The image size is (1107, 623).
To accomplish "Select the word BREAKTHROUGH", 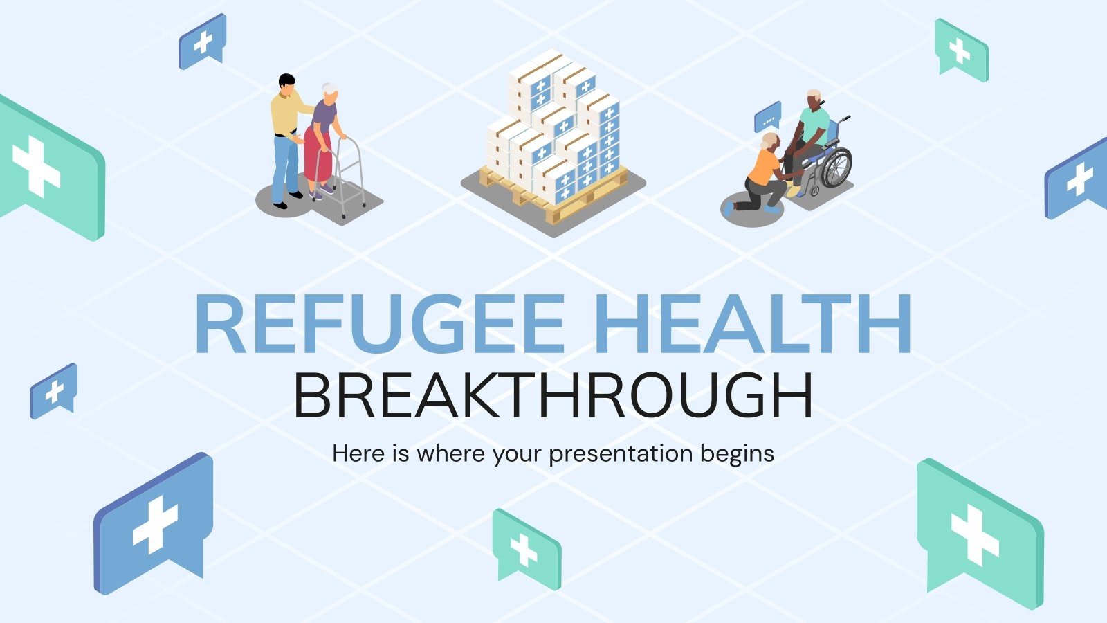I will [x=553, y=396].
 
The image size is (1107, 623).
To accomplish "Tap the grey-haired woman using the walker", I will [x=323, y=138].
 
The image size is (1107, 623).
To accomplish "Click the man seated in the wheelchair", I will [x=809, y=135].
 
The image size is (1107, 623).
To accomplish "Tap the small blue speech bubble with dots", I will [x=767, y=117].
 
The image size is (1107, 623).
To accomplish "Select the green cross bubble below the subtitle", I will [x=526, y=548].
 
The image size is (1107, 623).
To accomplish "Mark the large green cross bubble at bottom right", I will [x=978, y=533].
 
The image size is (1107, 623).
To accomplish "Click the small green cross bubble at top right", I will [x=961, y=48].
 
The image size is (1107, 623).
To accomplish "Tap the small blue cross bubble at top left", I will [x=203, y=41].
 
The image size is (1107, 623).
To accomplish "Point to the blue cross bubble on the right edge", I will [x=1078, y=179].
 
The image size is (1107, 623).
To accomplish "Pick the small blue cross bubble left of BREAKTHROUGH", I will [x=53, y=391].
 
